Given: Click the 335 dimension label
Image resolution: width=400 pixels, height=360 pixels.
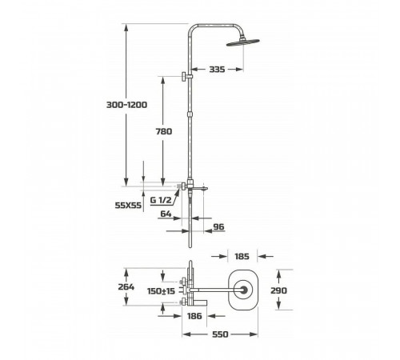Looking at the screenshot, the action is pos(217,70).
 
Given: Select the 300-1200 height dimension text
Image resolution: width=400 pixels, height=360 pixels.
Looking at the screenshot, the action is pos(126,105).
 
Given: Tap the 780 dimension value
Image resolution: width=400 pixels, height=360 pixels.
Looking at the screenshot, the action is pos(164,131).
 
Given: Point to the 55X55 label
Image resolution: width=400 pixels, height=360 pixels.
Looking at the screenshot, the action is pos(128,206).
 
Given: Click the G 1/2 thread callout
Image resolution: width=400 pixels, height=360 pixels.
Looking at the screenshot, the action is pos(161,200).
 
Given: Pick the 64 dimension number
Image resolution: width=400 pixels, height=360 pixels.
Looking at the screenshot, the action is pos(166,214).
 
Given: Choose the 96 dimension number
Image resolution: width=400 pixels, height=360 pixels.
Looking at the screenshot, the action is pos(219,227).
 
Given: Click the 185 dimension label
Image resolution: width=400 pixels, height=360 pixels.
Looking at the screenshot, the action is pos(242,257).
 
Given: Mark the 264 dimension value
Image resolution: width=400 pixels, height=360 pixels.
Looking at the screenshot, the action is pos(126,287).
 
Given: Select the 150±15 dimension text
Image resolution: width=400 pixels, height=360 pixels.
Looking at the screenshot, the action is pos(161,291).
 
